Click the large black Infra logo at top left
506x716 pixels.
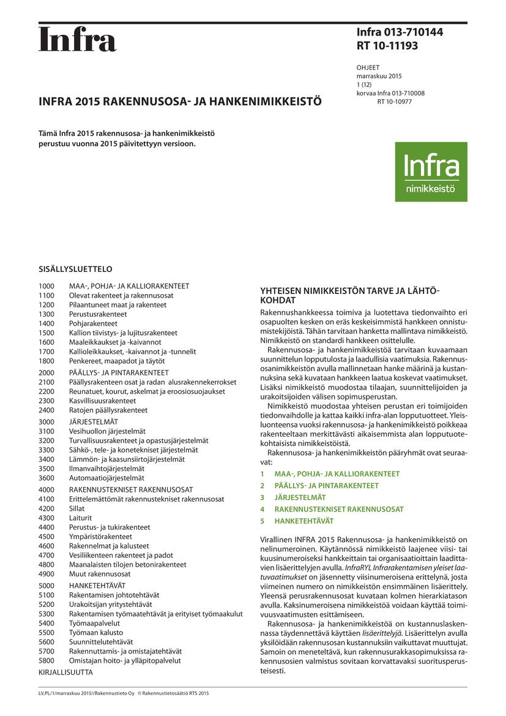pos(77,40)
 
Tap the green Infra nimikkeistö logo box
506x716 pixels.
pos(431,172)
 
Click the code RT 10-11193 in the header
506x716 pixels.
pos(388,45)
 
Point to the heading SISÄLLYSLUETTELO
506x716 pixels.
pos(75,269)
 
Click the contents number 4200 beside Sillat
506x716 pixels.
pos(47,508)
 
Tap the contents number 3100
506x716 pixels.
pos(47,431)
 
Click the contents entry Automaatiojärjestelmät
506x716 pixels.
pos(106,478)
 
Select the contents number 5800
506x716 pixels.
pos(47,660)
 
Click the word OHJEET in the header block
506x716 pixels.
pos(368,67)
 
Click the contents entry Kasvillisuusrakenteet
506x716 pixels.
pos(102,401)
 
